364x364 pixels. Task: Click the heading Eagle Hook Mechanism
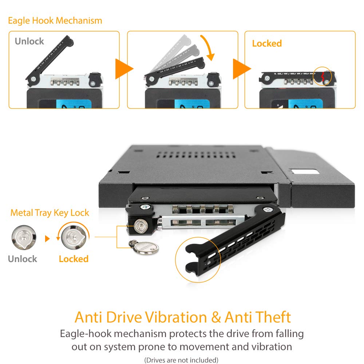pos(55,20)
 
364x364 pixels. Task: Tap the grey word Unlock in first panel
pos(29,41)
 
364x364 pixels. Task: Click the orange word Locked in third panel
pos(267,43)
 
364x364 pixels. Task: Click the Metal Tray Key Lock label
pos(50,213)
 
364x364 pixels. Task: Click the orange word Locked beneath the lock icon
pos(74,259)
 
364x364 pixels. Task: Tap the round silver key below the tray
pos(149,249)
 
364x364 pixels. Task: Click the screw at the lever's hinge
pos(268,210)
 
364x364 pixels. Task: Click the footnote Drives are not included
pos(181,360)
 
